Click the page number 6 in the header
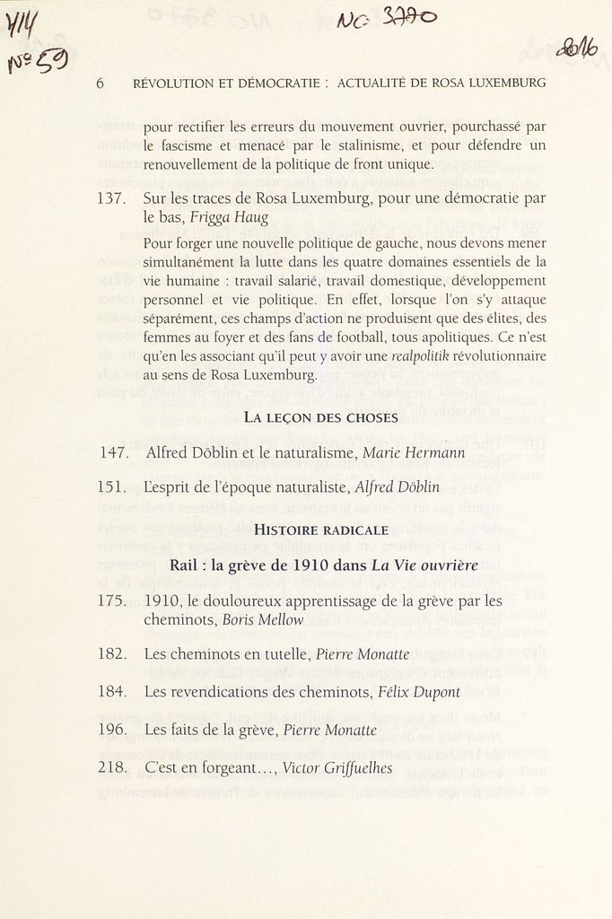[x=100, y=83]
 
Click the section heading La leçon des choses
[x=320, y=417]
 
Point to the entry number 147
[x=114, y=453]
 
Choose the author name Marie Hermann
[x=414, y=453]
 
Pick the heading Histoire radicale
[x=321, y=530]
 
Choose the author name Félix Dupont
[x=419, y=692]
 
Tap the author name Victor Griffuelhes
[x=337, y=768]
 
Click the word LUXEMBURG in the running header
[x=506, y=83]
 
